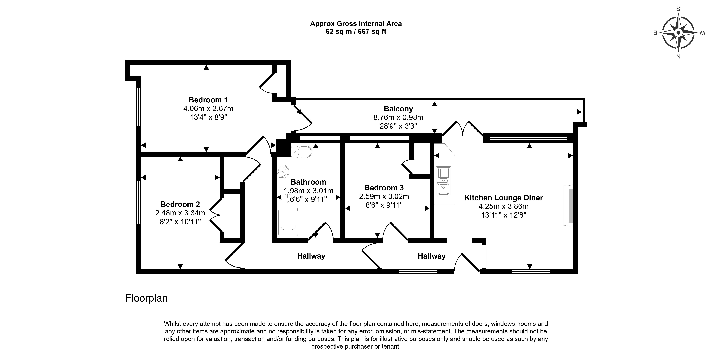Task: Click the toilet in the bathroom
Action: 301,152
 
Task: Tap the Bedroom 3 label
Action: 384,188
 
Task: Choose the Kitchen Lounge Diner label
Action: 503,198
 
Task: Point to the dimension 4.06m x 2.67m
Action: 208,109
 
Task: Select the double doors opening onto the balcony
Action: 463,129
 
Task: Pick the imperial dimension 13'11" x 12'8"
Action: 503,215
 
